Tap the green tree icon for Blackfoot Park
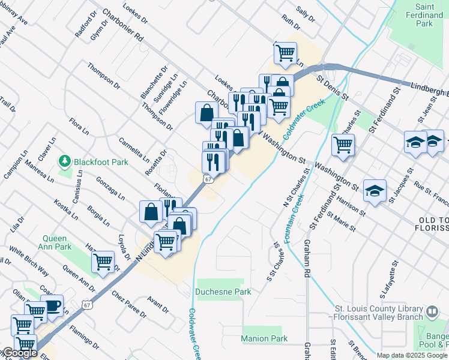click(64, 161)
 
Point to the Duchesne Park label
click(223, 292)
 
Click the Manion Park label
click(264, 339)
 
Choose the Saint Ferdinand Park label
click(427, 16)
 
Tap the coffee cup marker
click(53, 305)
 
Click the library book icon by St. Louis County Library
click(432, 313)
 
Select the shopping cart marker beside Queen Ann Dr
click(103, 261)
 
